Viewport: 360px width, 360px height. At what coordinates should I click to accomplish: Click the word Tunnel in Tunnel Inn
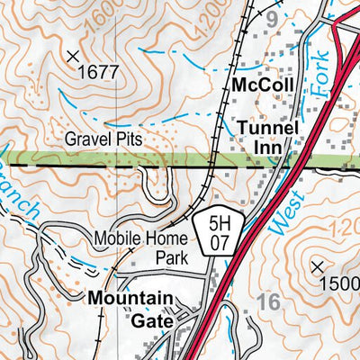[x=267, y=128]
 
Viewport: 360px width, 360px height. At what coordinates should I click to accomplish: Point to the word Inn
[x=268, y=148]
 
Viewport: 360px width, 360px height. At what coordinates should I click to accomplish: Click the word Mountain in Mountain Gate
[x=130, y=297]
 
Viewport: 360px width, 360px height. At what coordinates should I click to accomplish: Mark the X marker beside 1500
[x=317, y=266]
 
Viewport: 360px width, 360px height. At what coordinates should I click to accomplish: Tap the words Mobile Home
[x=140, y=238]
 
